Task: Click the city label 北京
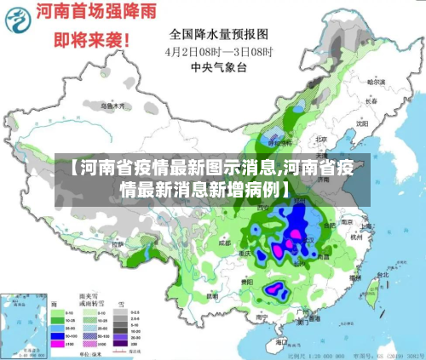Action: (321, 139)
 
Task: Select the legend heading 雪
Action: (122, 302)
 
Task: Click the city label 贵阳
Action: (247, 279)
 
